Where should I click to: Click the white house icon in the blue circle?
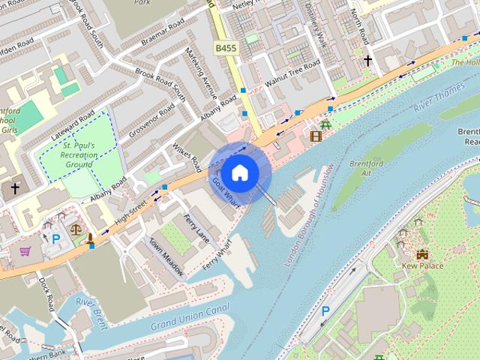pos(238,172)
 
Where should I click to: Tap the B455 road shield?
pos(225,49)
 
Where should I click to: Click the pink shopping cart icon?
pos(25,251)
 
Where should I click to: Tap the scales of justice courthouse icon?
pos(75,229)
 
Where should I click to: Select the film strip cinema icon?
pos(316,136)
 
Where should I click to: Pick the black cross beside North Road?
pos(367,59)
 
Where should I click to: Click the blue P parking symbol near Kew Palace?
pos(325,310)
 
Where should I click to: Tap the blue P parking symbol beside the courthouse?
pos(56,239)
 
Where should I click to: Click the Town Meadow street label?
pos(166,258)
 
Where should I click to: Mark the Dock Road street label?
pos(47,292)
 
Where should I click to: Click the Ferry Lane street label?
pos(196,229)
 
